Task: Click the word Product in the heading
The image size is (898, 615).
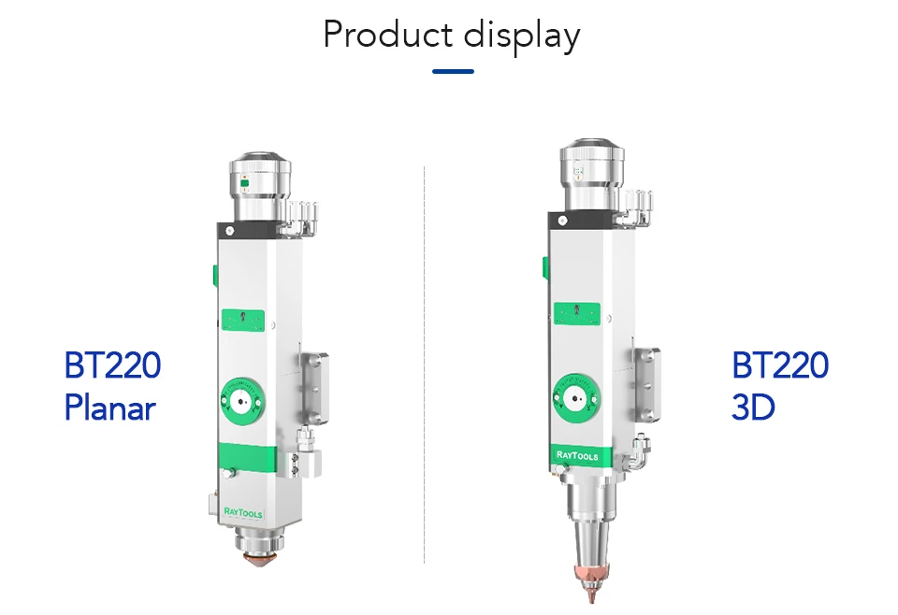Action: click(x=388, y=35)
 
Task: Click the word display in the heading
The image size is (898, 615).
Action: click(x=522, y=36)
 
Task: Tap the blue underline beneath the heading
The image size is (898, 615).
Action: click(x=453, y=72)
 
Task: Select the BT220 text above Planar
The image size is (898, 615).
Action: click(x=113, y=365)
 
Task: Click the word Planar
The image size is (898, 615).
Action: click(x=110, y=408)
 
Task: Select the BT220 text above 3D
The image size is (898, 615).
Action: click(x=780, y=365)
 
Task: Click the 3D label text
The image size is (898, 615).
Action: click(x=753, y=407)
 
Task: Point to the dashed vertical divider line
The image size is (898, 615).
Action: click(x=425, y=365)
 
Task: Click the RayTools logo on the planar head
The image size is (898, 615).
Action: click(x=243, y=512)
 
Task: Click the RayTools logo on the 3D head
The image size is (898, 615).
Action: click(x=577, y=455)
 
